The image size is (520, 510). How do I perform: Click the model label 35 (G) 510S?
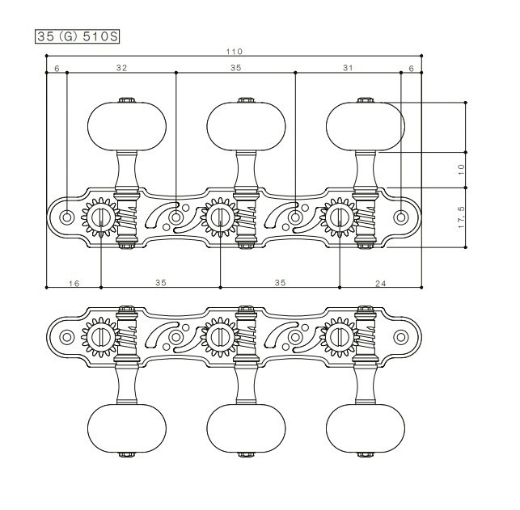tap(77, 36)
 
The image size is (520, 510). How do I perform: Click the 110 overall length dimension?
tap(235, 52)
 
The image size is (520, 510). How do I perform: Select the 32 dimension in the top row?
tap(121, 68)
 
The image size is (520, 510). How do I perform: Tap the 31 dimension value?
tap(348, 68)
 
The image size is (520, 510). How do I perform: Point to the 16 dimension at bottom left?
tap(74, 284)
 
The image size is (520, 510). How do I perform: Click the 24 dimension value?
tap(381, 284)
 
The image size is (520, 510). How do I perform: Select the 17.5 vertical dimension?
tap(461, 217)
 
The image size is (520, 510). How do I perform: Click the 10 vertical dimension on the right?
tap(461, 170)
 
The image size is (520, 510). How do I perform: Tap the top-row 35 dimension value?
tap(236, 68)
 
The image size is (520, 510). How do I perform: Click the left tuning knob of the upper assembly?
tap(127, 126)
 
